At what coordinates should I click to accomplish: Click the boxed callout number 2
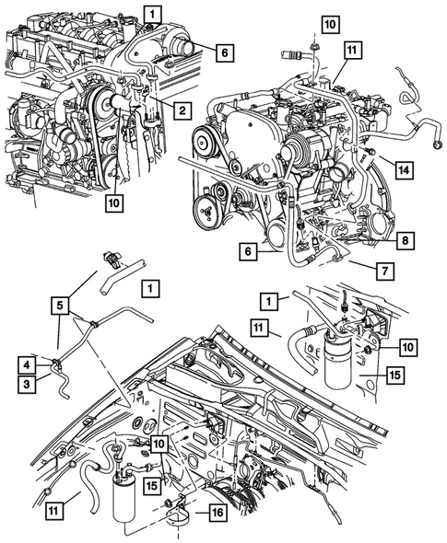[x=182, y=111]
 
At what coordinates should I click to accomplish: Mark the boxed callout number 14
[x=404, y=168]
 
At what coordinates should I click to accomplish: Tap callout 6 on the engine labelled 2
[x=222, y=53]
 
